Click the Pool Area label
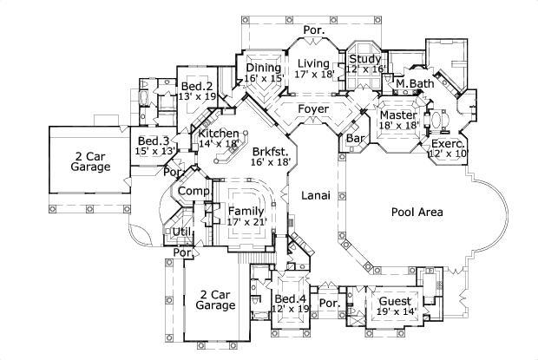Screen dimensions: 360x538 pyautogui.click(x=417, y=212)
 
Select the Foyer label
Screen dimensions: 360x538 pyautogui.click(x=312, y=109)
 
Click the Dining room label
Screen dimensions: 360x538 pyautogui.click(x=263, y=68)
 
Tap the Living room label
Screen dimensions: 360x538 pyautogui.click(x=313, y=63)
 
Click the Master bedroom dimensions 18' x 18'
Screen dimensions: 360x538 pyautogui.click(x=399, y=126)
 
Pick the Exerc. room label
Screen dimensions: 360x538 pyautogui.click(x=448, y=142)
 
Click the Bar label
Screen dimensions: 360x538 pyautogui.click(x=354, y=138)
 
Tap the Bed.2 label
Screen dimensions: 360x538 pyautogui.click(x=198, y=86)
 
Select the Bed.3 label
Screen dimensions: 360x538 pyautogui.click(x=153, y=141)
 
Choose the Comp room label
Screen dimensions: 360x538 pyautogui.click(x=191, y=192)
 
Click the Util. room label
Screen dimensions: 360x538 pyautogui.click(x=182, y=232)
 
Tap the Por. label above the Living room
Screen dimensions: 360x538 pyautogui.click(x=313, y=30)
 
